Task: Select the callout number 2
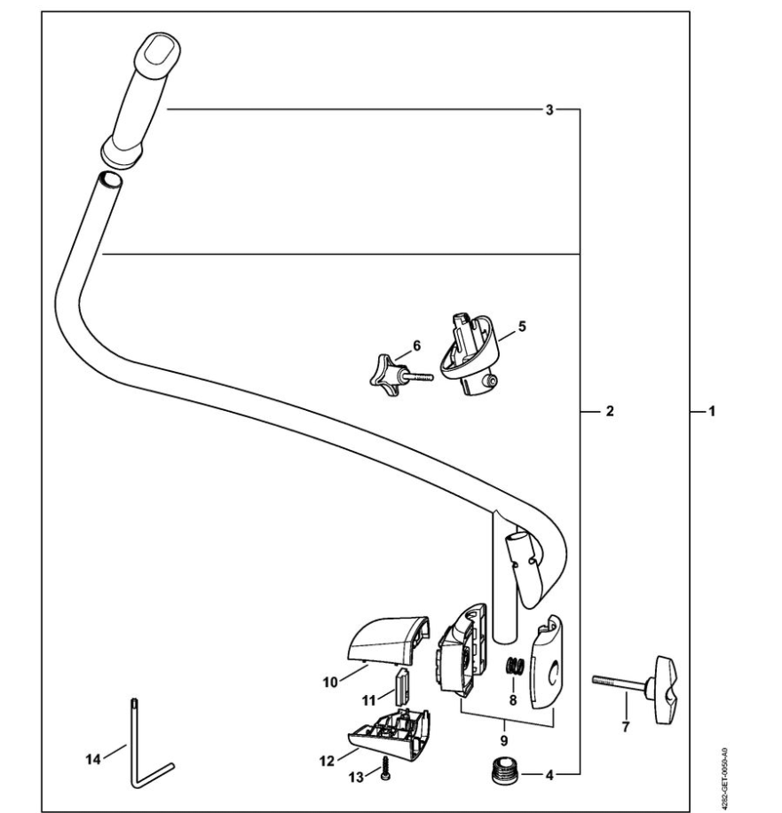click(x=610, y=412)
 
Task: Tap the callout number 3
click(x=549, y=110)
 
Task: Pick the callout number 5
click(x=522, y=326)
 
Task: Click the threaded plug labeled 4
click(x=503, y=774)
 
